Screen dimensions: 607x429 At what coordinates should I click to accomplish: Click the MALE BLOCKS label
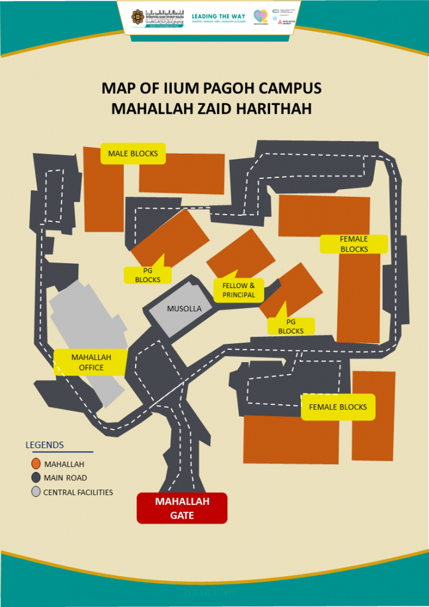point(133,154)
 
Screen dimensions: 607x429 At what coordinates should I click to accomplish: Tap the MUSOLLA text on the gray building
point(184,309)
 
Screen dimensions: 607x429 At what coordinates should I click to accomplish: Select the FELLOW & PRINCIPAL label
point(238,290)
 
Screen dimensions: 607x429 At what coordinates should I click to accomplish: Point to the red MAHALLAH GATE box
point(182,508)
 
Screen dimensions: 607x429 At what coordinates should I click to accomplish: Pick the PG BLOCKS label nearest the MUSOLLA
point(148,275)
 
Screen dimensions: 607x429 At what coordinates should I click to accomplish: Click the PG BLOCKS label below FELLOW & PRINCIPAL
point(291,327)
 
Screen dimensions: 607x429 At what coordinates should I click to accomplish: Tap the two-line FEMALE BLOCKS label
point(354,244)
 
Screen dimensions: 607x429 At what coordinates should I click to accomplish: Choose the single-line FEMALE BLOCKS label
point(338,407)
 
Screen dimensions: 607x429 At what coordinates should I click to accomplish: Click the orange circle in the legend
point(36,464)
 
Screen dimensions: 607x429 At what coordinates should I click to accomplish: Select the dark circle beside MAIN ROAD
point(36,478)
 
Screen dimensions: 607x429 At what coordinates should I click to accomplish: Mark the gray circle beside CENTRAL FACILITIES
point(36,492)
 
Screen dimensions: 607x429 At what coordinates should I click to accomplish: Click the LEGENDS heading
point(44,445)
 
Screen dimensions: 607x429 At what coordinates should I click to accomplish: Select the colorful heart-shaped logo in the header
point(260,17)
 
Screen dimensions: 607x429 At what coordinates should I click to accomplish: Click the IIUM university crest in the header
point(139,16)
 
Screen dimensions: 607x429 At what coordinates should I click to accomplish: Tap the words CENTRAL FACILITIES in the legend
point(78,493)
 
